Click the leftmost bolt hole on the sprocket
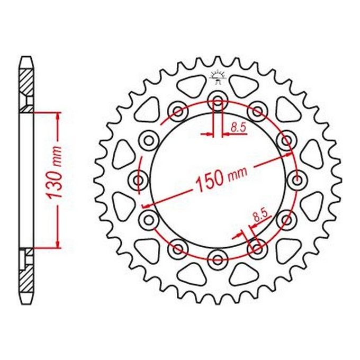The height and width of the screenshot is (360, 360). pyautogui.click(x=139, y=179)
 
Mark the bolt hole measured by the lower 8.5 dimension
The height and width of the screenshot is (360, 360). pyautogui.click(x=257, y=247)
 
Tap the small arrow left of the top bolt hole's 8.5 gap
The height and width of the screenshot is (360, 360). pyautogui.click(x=207, y=134)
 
